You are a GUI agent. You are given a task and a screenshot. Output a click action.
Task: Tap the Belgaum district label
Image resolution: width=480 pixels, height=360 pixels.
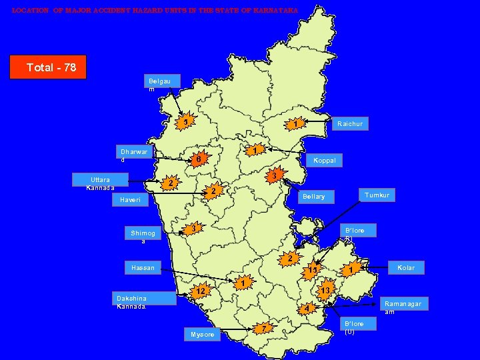tap(160, 85)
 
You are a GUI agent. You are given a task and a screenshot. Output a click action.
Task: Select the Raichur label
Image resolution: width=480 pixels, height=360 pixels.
tap(350, 123)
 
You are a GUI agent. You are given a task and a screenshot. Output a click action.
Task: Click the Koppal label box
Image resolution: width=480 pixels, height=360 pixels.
tap(324, 160)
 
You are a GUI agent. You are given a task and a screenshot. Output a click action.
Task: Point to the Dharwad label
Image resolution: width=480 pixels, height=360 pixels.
tap(134, 155)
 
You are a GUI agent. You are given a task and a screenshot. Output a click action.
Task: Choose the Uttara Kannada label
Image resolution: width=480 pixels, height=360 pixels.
tap(101, 183)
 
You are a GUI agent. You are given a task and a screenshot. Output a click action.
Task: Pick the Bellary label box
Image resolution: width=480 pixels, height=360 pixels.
tap(314, 197)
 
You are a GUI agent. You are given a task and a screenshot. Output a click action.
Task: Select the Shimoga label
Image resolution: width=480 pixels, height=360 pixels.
tap(143, 237)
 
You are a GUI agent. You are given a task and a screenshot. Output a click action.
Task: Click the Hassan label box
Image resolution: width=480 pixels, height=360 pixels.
tap(143, 268)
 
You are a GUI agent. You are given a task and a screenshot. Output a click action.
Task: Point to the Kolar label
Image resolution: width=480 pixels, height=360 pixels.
tap(406, 267)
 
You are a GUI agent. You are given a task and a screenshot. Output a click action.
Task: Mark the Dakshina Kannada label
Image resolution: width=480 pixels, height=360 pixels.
tap(131, 301)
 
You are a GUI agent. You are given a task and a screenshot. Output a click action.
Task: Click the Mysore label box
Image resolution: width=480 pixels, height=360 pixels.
tap(203, 334)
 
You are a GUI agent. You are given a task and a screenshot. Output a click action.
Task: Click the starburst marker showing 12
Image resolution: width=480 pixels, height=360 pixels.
tap(199, 291)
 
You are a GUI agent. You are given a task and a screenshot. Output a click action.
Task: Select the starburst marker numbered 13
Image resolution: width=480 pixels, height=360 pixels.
tap(325, 291)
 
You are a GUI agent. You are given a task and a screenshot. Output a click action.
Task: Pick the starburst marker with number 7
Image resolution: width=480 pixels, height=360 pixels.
tap(265, 328)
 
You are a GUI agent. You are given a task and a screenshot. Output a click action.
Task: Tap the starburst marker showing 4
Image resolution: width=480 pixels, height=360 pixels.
tap(305, 309)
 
